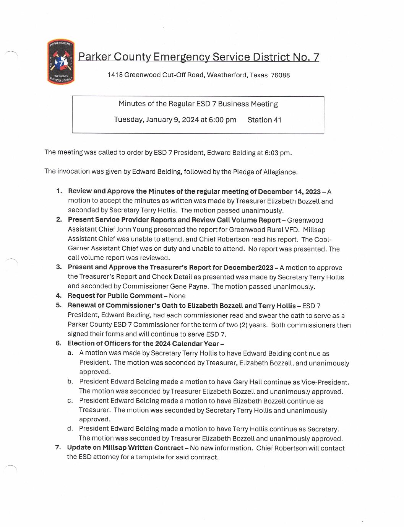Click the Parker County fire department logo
pyautogui.click(x=60, y=62)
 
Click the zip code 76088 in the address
pyautogui.click(x=280, y=75)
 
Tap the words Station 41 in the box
pyautogui.click(x=264, y=120)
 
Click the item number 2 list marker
pyautogui.click(x=59, y=220)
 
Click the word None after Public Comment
pyautogui.click(x=177, y=296)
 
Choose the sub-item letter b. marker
pyautogui.click(x=70, y=382)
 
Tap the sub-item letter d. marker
pyautogui.click(x=70, y=429)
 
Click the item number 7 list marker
pyautogui.click(x=58, y=447)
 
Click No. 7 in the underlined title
pyautogui.click(x=306, y=57)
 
